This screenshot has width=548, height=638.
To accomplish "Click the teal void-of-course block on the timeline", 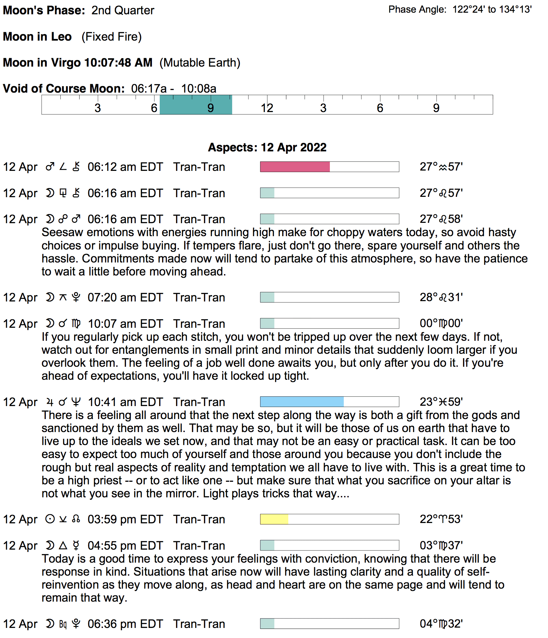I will coord(196,105).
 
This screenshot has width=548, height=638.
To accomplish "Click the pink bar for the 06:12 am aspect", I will coord(295,167).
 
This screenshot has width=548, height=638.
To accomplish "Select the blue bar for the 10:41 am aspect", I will coord(302,402).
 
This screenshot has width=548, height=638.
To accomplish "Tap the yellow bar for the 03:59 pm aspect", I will coord(274,519).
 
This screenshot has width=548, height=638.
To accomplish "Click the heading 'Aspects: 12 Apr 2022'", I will coord(267,147).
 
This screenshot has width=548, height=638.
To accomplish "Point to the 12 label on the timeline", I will coord(267,108).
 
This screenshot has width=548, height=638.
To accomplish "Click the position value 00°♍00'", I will coord(441,324).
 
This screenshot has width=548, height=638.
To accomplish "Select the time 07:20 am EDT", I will coord(125,298).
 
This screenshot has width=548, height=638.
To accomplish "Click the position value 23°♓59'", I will coord(441,402).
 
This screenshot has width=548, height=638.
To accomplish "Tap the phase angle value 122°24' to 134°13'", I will coord(492,9).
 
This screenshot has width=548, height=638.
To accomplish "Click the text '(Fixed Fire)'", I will coord(111,37).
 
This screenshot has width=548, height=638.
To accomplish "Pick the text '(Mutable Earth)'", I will coord(200,63).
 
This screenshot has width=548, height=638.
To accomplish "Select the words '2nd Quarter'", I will coord(123,10).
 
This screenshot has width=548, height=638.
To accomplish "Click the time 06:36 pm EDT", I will coord(125,624).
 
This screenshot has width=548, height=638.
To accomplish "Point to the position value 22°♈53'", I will coord(441,519).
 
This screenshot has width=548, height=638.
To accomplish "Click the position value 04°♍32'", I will coord(441,624).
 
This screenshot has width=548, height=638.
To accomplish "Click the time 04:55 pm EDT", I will coord(125,546).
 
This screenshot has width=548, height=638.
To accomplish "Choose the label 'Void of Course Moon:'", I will coord(64,89).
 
